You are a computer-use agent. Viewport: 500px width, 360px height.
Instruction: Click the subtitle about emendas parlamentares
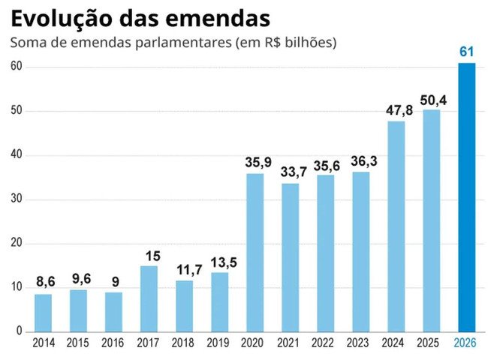(x=173, y=43)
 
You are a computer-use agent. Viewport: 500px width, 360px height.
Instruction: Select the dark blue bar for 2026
(x=467, y=197)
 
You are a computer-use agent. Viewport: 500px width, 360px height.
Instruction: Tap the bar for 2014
(x=44, y=313)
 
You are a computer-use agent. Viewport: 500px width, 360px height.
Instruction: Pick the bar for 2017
(x=149, y=298)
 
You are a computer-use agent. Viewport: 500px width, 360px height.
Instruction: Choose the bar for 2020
(x=255, y=253)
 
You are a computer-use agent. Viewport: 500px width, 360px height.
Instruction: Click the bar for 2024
(x=396, y=226)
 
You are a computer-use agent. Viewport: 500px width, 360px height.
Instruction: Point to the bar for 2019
(x=220, y=301)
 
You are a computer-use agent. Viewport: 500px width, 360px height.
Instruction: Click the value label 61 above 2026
(x=467, y=52)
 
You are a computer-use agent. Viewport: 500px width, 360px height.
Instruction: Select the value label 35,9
(x=255, y=162)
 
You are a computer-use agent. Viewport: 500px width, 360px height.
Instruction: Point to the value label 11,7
(x=185, y=269)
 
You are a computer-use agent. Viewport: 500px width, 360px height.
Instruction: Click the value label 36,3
(x=361, y=160)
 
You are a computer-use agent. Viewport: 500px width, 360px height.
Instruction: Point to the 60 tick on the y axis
(x=17, y=67)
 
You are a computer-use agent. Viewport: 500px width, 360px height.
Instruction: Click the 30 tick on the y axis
(x=17, y=199)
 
